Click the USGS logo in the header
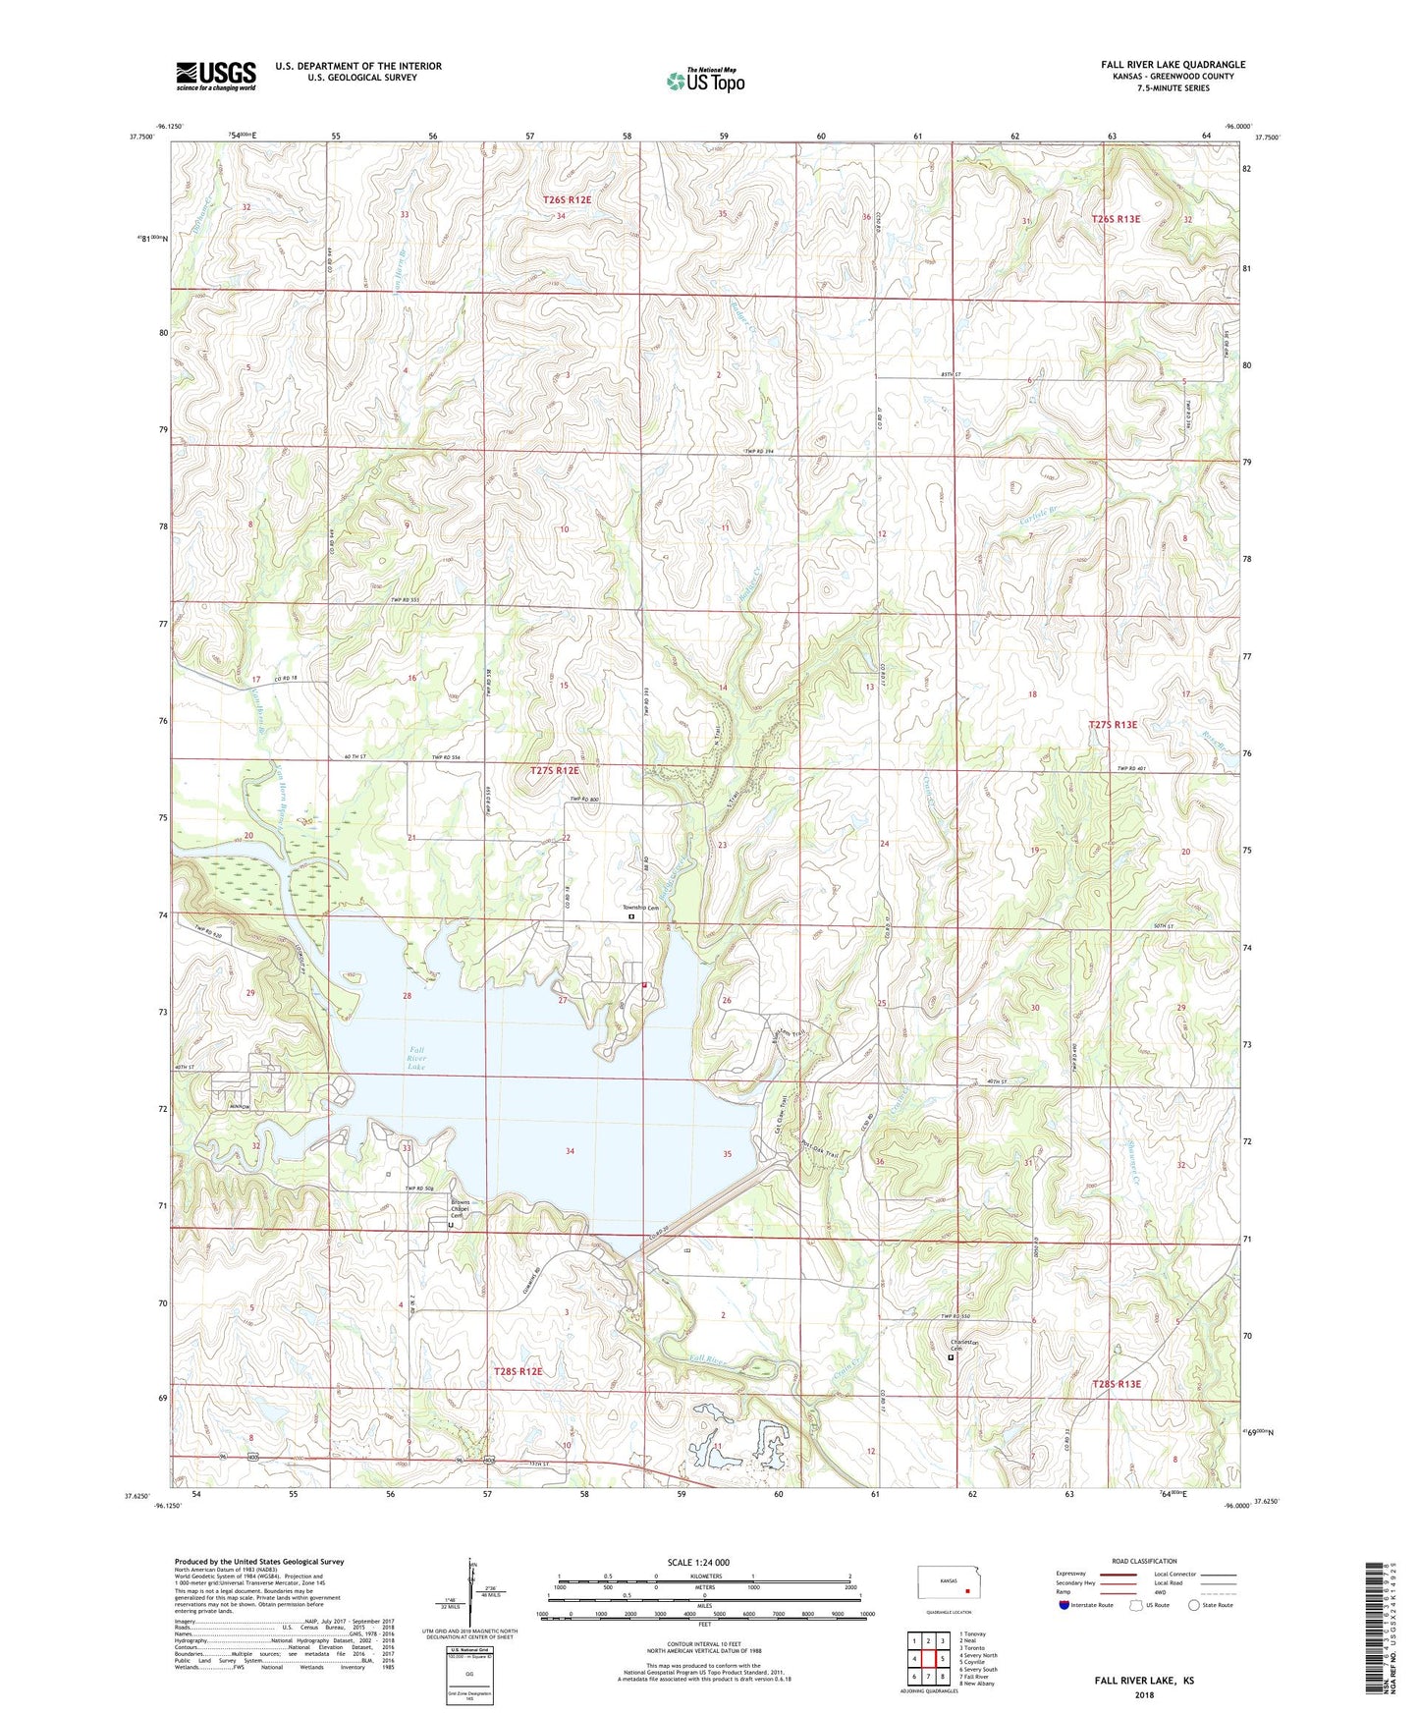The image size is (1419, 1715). pos(216,76)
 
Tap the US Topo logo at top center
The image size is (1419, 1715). pos(705,81)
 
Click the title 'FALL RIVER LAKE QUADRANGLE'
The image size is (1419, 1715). pos(1173,65)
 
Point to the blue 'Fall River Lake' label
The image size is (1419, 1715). pos(416,1059)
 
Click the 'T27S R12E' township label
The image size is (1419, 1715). pos(555,771)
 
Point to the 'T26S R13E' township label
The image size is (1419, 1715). pos(1116,219)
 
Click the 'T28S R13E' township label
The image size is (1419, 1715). pos(1117,1384)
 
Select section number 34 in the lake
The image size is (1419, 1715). pos(570,1151)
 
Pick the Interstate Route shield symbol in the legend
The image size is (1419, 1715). pos(1064,1605)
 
